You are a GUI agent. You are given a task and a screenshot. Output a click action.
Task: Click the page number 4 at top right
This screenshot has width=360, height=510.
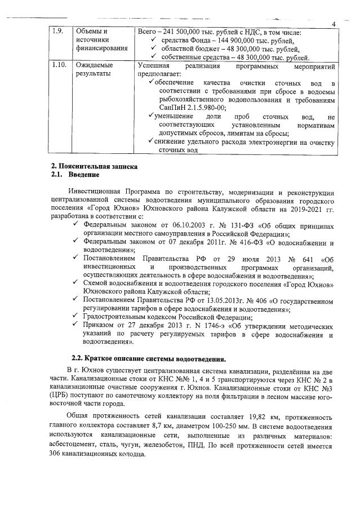[x=334, y=24]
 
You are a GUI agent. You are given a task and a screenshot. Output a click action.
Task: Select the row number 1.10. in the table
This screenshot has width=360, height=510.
[x=60, y=66]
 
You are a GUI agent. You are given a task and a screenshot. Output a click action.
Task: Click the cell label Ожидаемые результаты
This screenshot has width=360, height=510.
[x=95, y=70]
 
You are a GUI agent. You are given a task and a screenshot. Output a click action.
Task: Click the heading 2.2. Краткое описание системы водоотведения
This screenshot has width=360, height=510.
[x=149, y=358]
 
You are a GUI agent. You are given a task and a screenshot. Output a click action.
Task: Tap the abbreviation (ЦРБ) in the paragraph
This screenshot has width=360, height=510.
[x=61, y=395]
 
